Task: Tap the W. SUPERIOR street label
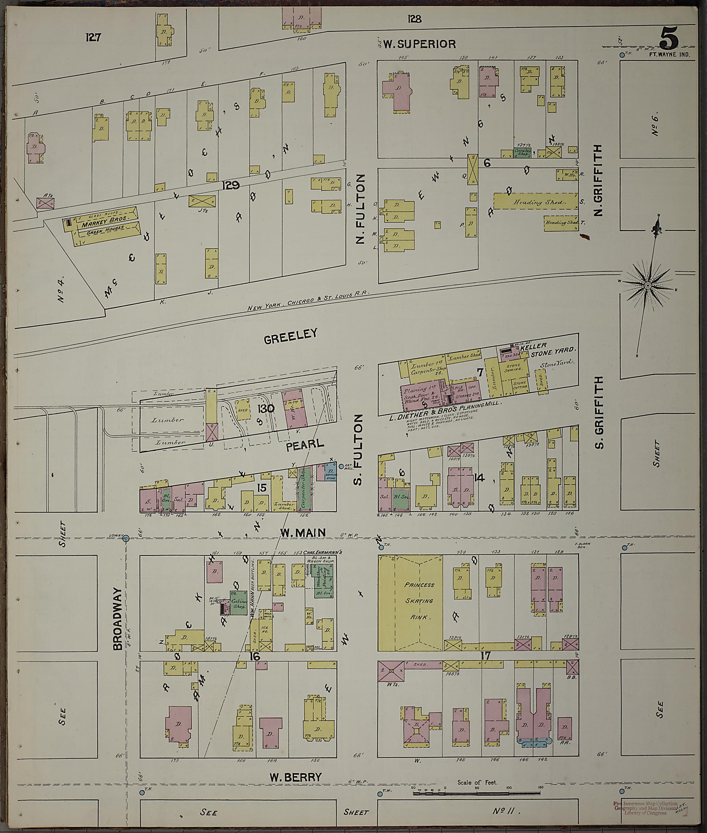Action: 419,44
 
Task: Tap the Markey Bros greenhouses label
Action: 104,224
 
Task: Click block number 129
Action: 232,185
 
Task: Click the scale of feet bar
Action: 477,793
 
